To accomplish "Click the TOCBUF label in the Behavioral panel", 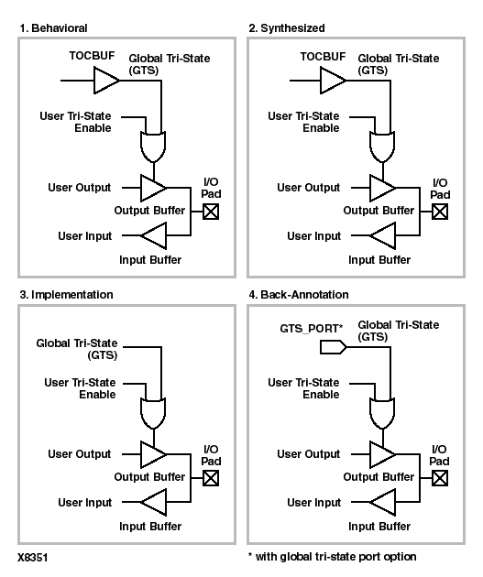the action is (92, 56).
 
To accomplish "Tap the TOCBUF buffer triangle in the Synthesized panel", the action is (333, 81).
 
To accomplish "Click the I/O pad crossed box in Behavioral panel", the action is (211, 212).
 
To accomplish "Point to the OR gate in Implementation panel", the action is (153, 413).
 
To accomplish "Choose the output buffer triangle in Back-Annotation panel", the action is (383, 454).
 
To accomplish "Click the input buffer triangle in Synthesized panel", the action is (383, 235).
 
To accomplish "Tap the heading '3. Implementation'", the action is (66, 295).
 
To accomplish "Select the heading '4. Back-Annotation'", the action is (299, 295).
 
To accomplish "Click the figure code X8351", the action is (33, 558).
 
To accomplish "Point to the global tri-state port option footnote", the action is (332, 557).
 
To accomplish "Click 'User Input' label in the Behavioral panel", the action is (85, 236).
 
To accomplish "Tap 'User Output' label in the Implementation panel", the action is (80, 454).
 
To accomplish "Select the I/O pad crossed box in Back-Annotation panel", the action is (440, 478).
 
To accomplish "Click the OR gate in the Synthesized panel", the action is (382, 147).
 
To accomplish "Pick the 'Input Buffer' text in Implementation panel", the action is (150, 527).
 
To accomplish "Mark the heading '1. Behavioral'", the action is (53, 28).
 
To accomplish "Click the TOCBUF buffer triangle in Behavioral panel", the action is (106, 81).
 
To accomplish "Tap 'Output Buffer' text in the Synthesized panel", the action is (379, 211).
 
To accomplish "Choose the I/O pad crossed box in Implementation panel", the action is (211, 478).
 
